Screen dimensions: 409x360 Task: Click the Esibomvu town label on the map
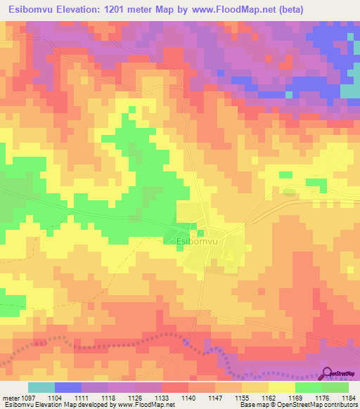(x=198, y=241)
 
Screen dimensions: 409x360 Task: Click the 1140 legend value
(x=188, y=398)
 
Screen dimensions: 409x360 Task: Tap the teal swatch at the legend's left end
(x=41, y=387)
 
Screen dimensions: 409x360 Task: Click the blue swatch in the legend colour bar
(x=68, y=387)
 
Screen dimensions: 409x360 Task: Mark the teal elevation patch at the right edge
(x=350, y=90)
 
